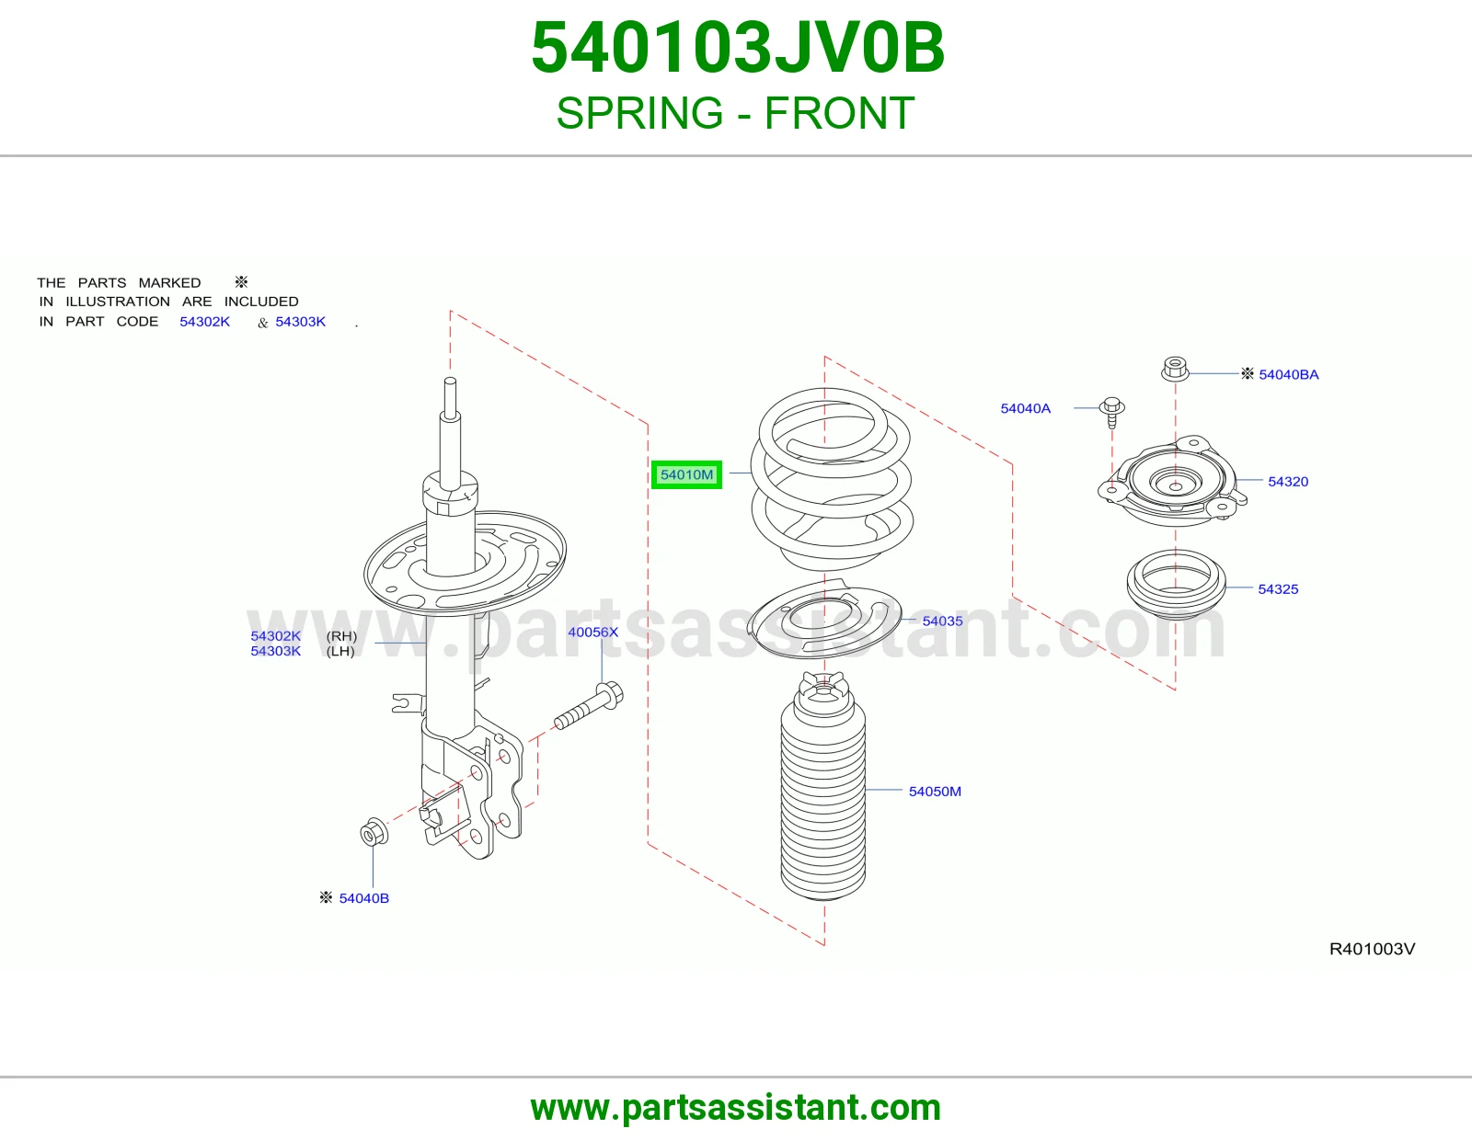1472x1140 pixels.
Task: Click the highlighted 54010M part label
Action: pyautogui.click(x=686, y=474)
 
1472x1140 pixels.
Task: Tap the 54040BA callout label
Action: pyautogui.click(x=1288, y=374)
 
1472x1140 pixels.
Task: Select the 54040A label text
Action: pyautogui.click(x=1025, y=408)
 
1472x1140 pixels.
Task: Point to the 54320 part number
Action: pyautogui.click(x=1288, y=482)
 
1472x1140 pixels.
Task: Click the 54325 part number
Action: pyautogui.click(x=1278, y=589)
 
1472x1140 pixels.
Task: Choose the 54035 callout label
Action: pyautogui.click(x=942, y=621)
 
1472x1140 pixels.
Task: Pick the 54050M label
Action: pyautogui.click(x=935, y=792)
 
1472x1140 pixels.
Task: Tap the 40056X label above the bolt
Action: pyautogui.click(x=592, y=632)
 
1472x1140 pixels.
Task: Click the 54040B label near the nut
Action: pyautogui.click(x=363, y=898)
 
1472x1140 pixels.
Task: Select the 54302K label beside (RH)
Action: pyautogui.click(x=275, y=635)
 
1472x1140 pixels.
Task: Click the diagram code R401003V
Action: pyautogui.click(x=1372, y=949)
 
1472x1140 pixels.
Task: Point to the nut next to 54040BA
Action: pyautogui.click(x=1175, y=369)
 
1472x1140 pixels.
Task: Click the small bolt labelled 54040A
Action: pyautogui.click(x=1111, y=412)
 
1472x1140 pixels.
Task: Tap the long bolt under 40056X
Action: pyautogui.click(x=589, y=706)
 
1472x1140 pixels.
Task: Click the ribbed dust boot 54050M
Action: pyautogui.click(x=823, y=786)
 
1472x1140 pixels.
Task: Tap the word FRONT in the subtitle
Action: pyautogui.click(x=839, y=113)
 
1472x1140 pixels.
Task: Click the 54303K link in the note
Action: pyautogui.click(x=300, y=322)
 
